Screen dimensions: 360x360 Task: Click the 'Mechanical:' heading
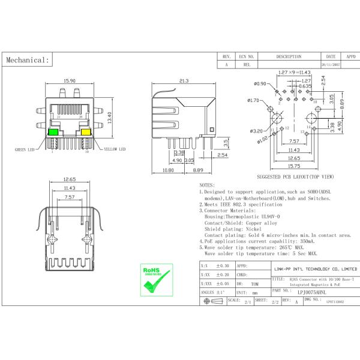26,60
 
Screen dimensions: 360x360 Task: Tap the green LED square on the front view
53,132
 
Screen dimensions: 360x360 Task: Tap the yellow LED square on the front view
86,132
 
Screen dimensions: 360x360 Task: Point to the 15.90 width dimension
69,80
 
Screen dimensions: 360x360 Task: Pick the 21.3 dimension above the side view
184,80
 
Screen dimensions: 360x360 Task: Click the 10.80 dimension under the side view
169,170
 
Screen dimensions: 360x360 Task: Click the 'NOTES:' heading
207,185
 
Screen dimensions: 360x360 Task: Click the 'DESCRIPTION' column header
289,56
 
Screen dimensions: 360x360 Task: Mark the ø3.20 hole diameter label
259,130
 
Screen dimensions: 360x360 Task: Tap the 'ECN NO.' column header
247,56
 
